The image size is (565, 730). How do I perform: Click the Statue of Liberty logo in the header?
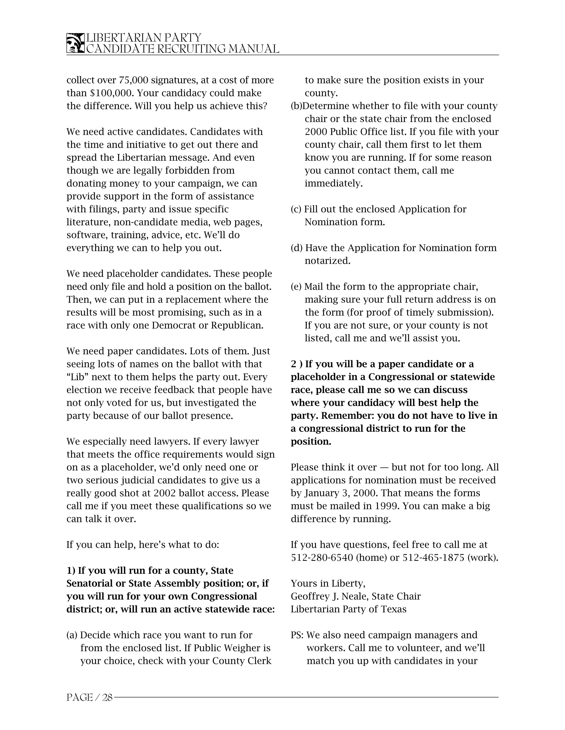pyautogui.click(x=75, y=43)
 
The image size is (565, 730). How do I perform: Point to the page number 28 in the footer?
pyautogui.click(x=107, y=697)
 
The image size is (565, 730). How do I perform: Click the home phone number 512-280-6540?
pyautogui.click(x=322, y=558)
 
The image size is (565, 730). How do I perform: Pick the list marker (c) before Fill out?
pyautogui.click(x=296, y=209)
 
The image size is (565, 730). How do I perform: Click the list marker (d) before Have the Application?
pyautogui.click(x=297, y=248)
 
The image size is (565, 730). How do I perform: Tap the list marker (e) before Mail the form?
pyautogui.click(x=296, y=287)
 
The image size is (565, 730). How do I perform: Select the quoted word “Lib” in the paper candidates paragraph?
pyautogui.click(x=77, y=377)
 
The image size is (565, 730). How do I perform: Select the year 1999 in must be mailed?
pyautogui.click(x=386, y=506)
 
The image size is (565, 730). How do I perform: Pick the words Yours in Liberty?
pyautogui.click(x=328, y=583)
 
